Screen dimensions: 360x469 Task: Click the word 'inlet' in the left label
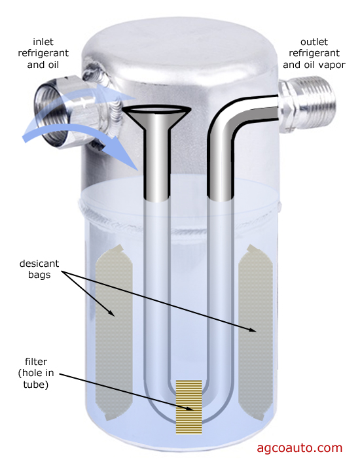click(x=43, y=42)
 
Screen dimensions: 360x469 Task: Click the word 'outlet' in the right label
click(x=314, y=42)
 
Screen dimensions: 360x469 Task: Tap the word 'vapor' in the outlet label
click(x=333, y=65)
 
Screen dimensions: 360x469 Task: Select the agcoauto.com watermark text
click(x=299, y=448)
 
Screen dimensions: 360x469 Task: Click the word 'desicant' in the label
click(x=39, y=264)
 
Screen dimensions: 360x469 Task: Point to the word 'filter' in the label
click(x=36, y=362)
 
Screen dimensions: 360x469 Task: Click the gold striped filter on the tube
click(x=189, y=407)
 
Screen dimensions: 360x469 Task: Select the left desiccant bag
click(x=114, y=332)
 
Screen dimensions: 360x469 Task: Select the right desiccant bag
click(x=255, y=332)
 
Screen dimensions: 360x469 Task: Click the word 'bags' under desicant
click(x=39, y=275)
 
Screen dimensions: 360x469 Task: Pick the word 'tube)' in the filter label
click(x=36, y=385)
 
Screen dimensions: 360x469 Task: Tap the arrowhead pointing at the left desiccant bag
click(x=111, y=312)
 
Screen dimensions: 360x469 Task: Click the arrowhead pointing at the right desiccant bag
click(x=251, y=330)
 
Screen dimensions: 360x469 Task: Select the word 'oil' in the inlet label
click(x=53, y=65)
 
